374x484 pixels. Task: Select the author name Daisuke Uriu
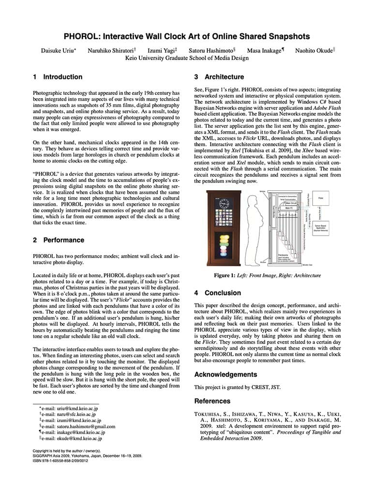click(60, 50)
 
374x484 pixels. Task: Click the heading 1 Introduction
click(58, 77)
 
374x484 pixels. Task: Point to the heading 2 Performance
click(59, 240)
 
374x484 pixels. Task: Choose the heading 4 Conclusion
click(217, 293)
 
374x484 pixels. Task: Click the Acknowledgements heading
click(226, 375)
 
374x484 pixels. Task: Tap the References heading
click(212, 401)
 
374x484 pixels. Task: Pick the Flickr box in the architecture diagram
click(321, 198)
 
